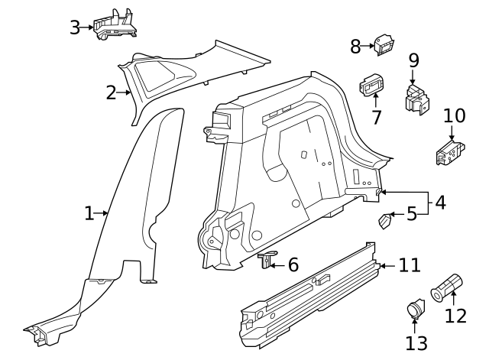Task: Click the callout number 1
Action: [x=89, y=213]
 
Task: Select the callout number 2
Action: [x=112, y=93]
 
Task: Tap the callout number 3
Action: [x=75, y=28]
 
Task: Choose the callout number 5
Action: [x=411, y=213]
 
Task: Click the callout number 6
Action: [x=293, y=265]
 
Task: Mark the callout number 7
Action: [x=376, y=118]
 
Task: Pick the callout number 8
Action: [x=355, y=46]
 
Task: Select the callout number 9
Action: [x=413, y=60]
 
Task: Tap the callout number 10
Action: [x=454, y=115]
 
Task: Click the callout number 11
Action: [x=410, y=265]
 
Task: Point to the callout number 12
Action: [x=455, y=316]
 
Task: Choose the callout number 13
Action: [x=416, y=343]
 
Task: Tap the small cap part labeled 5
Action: [x=386, y=221]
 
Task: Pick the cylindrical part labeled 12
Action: [x=448, y=287]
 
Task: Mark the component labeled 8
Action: [x=384, y=45]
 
